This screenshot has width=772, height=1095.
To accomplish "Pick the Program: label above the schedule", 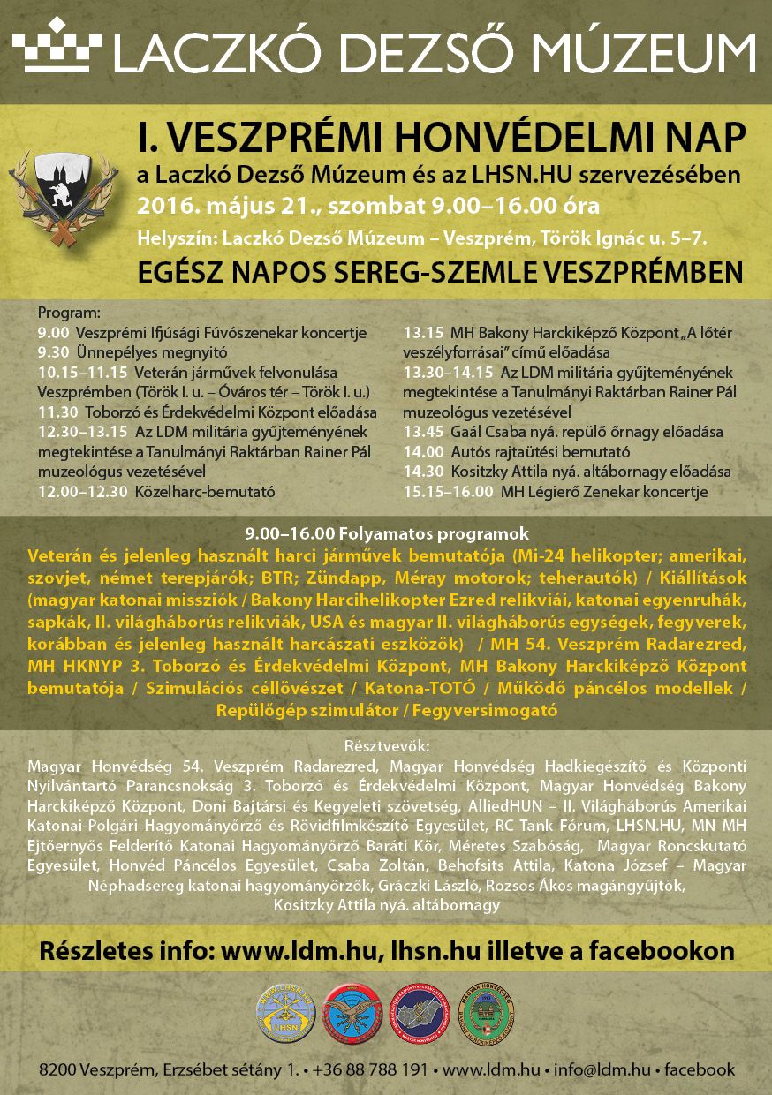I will [69, 313].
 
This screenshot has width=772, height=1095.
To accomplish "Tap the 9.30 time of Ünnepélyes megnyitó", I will [54, 351].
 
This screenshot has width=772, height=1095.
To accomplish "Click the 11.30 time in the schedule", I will [57, 412].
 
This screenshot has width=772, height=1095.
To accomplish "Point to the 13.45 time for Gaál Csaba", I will [421, 432].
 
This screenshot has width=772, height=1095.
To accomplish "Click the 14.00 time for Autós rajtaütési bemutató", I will [421, 451].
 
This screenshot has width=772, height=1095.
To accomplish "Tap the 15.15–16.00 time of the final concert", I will [447, 491].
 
